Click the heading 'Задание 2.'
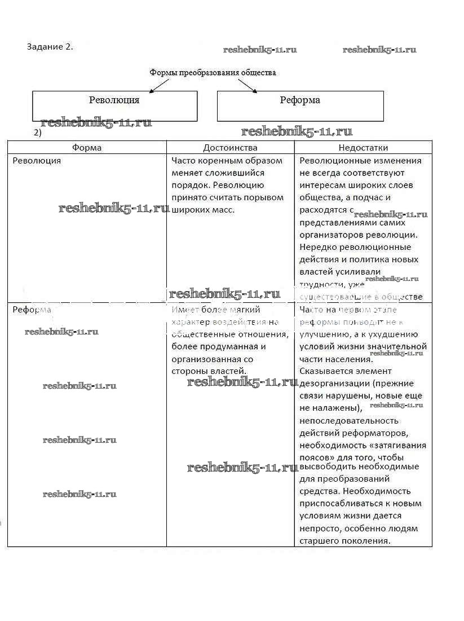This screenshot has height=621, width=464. (50, 46)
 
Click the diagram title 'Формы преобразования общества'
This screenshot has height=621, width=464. (213, 73)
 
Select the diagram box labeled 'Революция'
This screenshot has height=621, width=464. (114, 105)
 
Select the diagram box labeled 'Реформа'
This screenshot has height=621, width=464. (300, 105)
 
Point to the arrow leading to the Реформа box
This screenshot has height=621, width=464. (248, 85)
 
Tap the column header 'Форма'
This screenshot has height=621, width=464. (87, 148)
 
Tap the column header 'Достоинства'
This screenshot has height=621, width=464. (230, 148)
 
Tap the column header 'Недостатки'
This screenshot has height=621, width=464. (363, 148)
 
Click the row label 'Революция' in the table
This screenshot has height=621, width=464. (37, 161)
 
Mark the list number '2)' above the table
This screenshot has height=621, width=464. (38, 133)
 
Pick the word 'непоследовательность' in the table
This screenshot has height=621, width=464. (349, 421)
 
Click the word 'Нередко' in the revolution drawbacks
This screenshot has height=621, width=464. (316, 247)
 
